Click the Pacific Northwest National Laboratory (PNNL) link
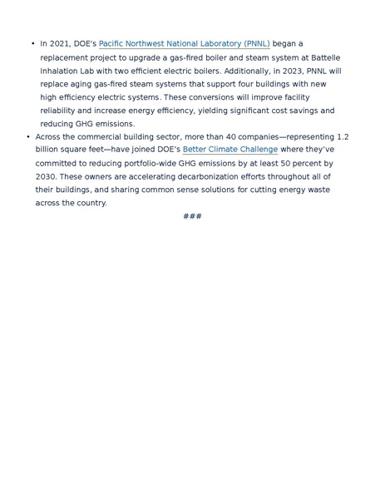tap(184, 43)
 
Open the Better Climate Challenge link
tap(230, 150)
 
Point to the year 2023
tap(294, 71)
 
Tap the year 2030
tap(46, 177)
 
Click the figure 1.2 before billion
tap(343, 136)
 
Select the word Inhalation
tap(60, 71)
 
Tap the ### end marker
tap(192, 216)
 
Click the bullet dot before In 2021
tap(33, 43)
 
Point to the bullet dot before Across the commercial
tap(28, 136)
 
